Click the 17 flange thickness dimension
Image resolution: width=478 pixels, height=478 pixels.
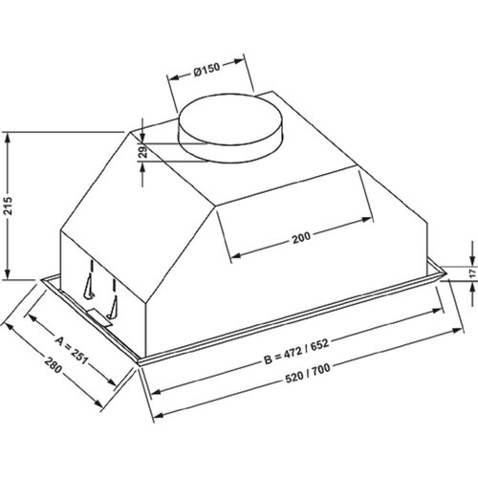pos(471,273)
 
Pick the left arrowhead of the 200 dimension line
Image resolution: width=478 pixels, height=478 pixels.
pos(228,254)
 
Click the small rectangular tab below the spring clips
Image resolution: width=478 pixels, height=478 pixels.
pos(99,312)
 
